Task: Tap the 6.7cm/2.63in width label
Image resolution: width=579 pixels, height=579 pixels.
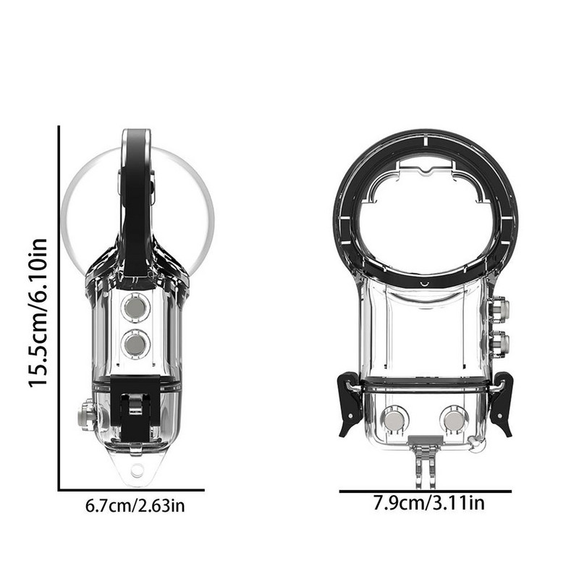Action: coord(135,505)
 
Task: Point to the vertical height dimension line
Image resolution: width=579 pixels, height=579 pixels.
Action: coord(59,308)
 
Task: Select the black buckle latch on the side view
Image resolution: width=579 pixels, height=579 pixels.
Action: coord(135,416)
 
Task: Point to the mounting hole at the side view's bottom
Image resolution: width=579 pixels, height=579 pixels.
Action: coord(136,472)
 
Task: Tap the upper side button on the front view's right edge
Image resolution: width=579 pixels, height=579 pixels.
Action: coord(498,310)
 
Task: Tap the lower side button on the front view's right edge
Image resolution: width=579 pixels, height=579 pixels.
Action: coord(498,342)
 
